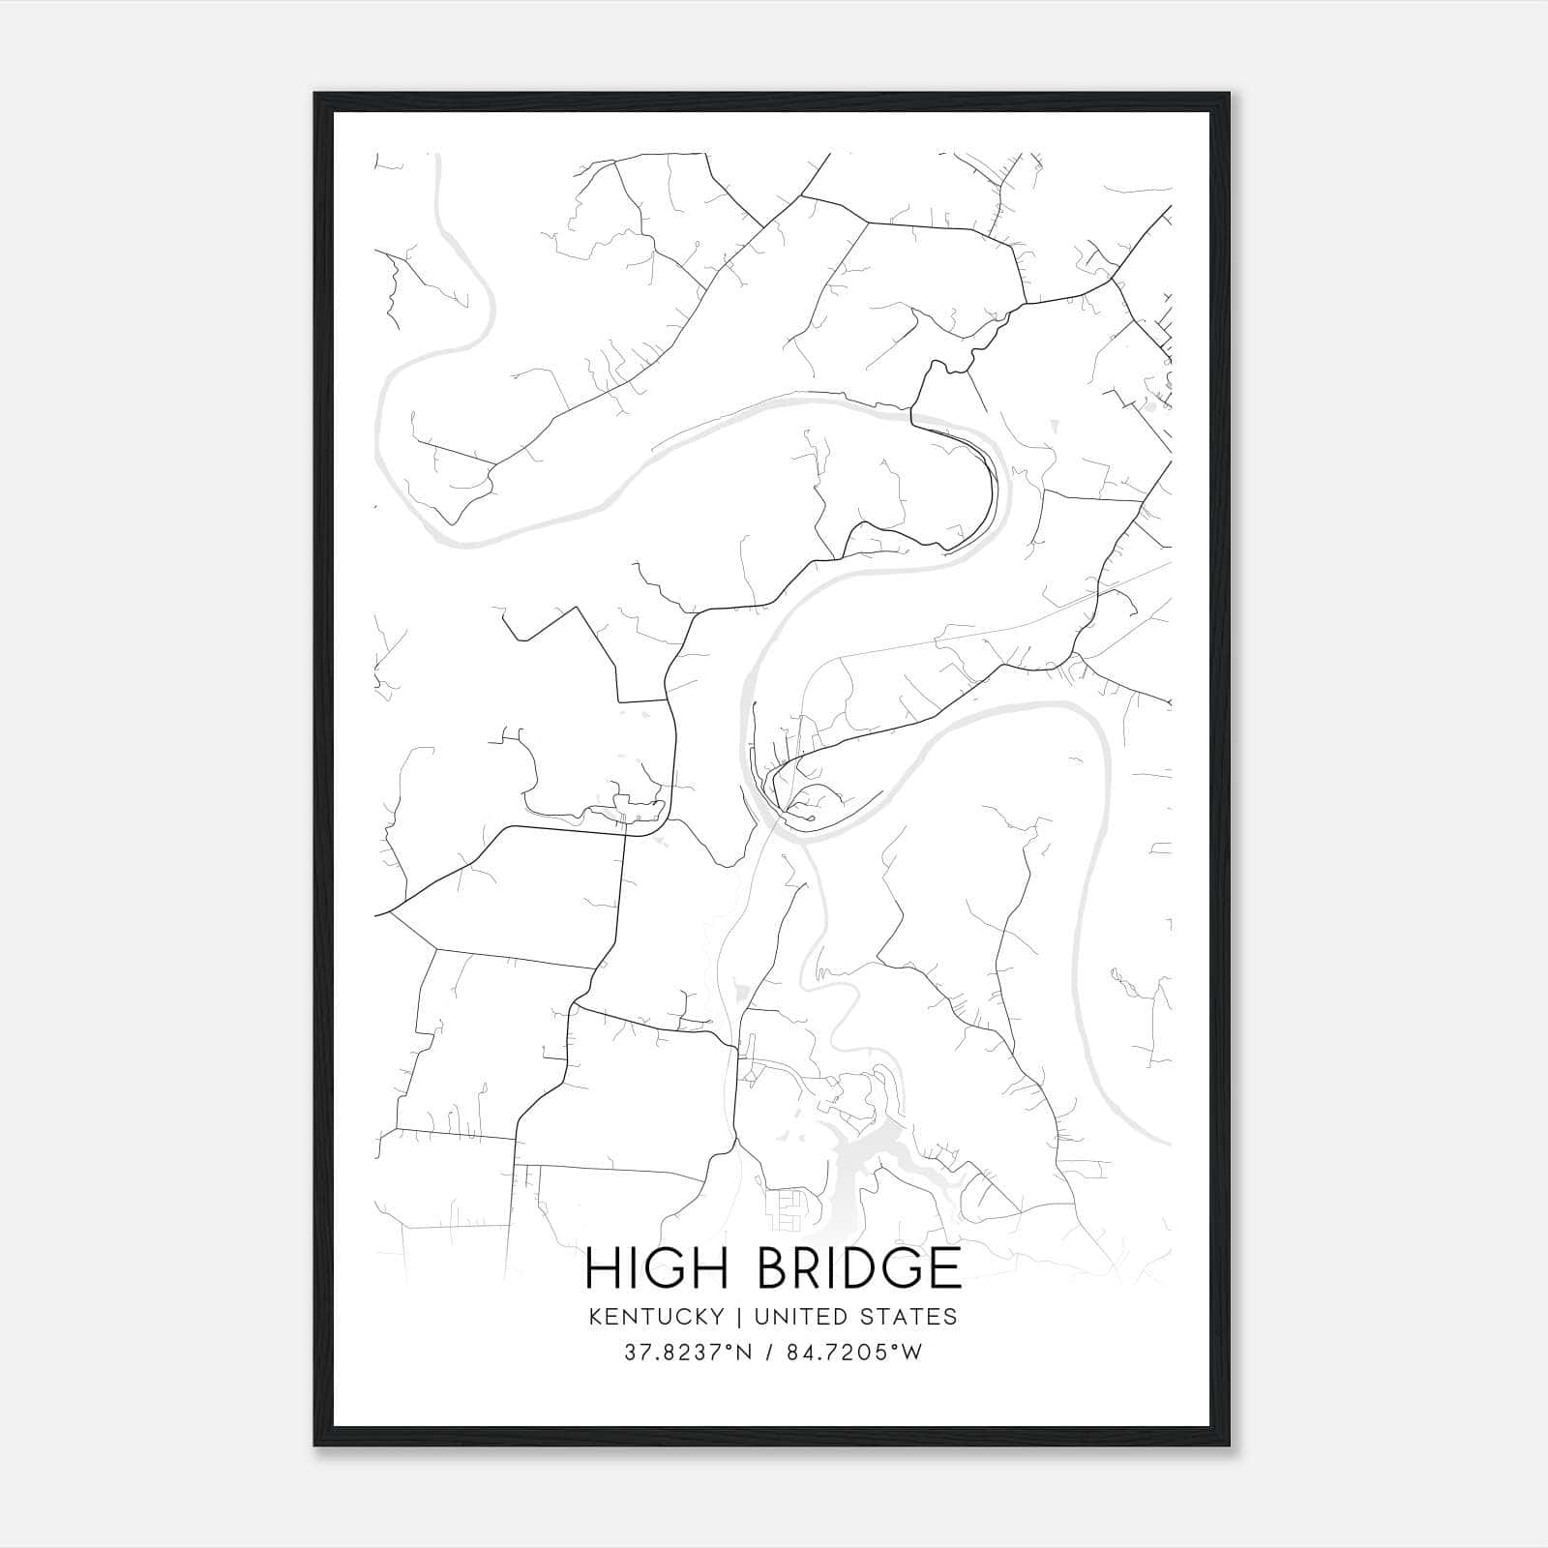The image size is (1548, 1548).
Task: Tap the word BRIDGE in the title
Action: pyautogui.click(x=858, y=1268)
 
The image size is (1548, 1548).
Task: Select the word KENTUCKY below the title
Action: pyautogui.click(x=654, y=1317)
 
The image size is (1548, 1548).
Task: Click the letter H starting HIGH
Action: pyautogui.click(x=603, y=1268)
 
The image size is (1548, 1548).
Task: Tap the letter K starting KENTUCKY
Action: pyautogui.click(x=592, y=1317)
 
